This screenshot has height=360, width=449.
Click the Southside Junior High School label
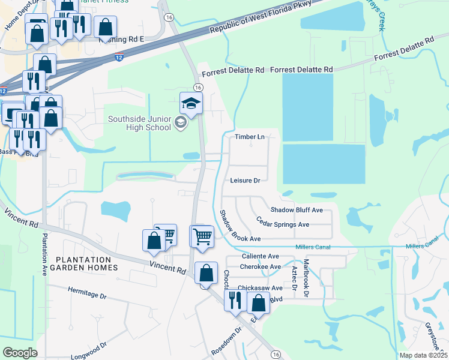point(140,123)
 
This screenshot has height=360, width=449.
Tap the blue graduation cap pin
point(191,104)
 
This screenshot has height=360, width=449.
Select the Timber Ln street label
point(249,137)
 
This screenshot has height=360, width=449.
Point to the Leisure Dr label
point(245,181)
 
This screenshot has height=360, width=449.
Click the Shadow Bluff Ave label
point(297,210)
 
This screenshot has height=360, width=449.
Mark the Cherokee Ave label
point(260,267)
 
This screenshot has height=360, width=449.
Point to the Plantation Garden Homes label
point(86,263)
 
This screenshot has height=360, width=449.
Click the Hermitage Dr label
point(86,296)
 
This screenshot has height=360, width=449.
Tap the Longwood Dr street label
point(87,346)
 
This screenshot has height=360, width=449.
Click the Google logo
point(20,353)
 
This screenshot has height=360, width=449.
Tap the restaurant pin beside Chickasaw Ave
point(234,299)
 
